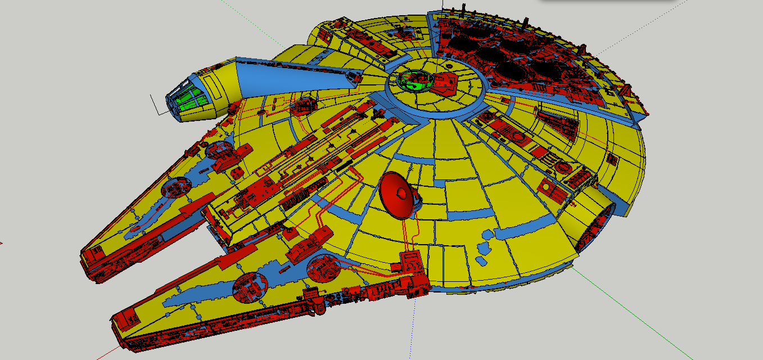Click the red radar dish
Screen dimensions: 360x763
point(399,195)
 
